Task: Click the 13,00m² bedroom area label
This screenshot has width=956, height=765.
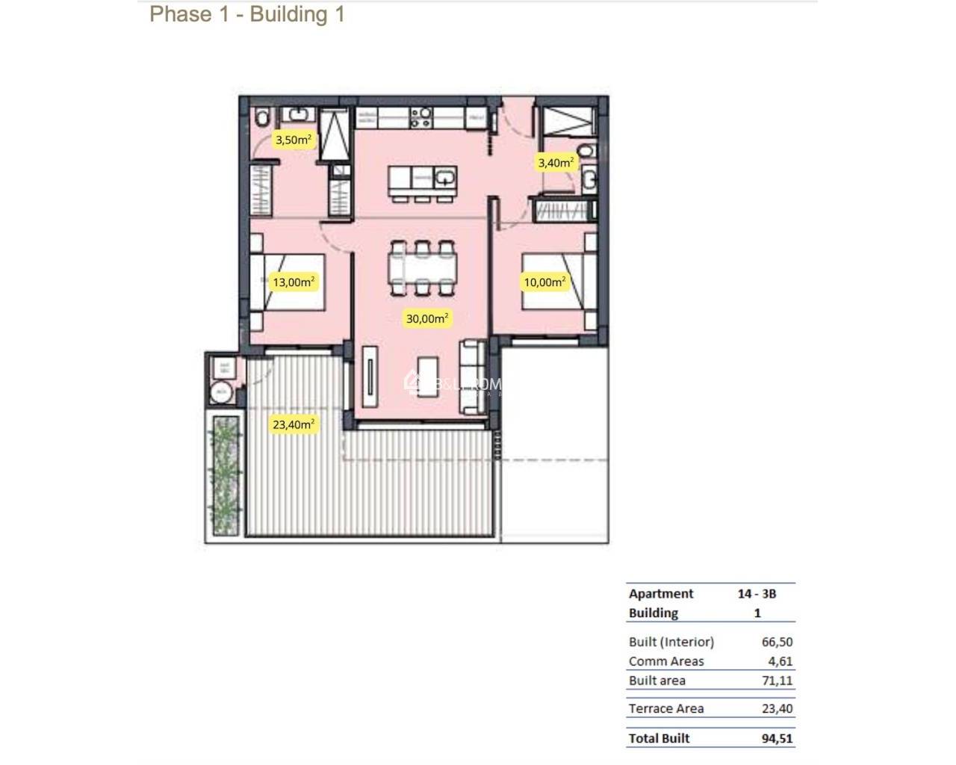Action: click(294, 282)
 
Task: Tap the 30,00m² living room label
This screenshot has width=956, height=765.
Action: click(427, 318)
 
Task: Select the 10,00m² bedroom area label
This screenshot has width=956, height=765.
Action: click(544, 282)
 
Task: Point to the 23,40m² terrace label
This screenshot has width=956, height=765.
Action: click(294, 424)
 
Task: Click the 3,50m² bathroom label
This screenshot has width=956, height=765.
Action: click(293, 140)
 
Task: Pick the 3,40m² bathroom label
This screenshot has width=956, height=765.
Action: click(556, 162)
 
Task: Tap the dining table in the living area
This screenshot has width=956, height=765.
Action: click(422, 266)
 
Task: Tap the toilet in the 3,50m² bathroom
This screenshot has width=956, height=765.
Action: click(261, 119)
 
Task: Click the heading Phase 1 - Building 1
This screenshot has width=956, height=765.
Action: click(247, 14)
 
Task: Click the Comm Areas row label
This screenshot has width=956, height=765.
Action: click(666, 661)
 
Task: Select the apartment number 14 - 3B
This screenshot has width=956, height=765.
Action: click(757, 594)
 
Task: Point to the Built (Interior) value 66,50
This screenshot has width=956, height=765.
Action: click(777, 642)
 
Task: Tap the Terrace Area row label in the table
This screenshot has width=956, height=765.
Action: click(666, 708)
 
